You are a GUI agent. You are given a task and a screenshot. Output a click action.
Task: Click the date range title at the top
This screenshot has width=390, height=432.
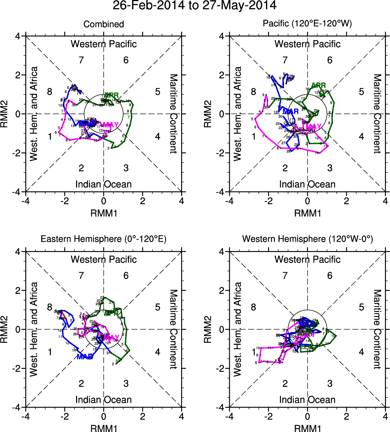195,6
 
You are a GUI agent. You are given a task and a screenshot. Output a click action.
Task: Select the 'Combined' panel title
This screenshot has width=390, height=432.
104,24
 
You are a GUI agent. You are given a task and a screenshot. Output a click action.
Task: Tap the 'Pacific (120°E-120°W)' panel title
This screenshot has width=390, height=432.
308,24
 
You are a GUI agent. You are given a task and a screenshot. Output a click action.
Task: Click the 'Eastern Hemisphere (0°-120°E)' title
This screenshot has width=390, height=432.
104,240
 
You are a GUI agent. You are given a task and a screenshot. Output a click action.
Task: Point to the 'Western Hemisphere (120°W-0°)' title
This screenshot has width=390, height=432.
308,240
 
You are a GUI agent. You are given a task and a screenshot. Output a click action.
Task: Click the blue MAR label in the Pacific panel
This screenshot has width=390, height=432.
291,111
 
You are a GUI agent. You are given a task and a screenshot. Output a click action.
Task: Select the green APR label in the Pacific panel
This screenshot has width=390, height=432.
319,86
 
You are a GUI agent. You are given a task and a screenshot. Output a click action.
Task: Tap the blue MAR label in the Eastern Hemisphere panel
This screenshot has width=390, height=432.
84,357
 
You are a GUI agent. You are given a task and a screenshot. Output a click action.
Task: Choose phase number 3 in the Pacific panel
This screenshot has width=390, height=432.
330,168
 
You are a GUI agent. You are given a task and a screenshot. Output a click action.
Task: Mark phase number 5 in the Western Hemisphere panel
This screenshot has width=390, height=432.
361,307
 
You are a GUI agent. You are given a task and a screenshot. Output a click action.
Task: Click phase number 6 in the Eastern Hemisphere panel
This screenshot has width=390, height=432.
126,276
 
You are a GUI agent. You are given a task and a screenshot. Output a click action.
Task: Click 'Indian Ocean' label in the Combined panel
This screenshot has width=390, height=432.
104,184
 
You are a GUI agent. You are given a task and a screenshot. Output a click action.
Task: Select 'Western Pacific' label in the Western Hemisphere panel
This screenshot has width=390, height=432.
308,259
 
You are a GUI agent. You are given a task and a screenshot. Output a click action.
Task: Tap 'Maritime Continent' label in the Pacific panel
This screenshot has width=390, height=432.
377,114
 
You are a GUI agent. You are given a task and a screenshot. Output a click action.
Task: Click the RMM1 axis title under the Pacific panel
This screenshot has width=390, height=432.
308,212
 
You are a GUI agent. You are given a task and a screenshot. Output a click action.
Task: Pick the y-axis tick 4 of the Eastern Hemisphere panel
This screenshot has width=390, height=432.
18,252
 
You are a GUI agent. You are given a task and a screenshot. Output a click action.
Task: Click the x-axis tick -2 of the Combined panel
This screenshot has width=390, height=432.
64,201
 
